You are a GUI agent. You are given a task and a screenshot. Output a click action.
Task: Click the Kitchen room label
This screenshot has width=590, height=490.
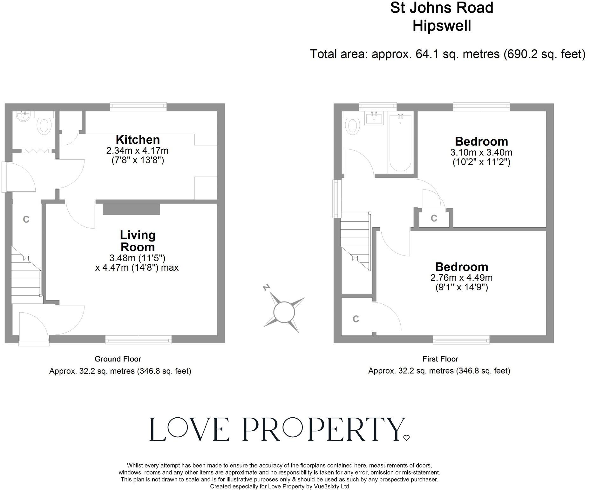point(138,140)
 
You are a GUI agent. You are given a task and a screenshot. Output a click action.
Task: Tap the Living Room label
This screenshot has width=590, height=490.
point(138,241)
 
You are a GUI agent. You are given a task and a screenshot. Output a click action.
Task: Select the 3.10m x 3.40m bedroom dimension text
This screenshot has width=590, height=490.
point(481,152)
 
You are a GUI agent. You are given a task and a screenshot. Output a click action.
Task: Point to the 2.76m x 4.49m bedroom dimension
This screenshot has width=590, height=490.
point(461,278)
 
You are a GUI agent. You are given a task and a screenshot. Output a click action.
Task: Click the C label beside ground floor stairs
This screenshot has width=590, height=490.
point(26,219)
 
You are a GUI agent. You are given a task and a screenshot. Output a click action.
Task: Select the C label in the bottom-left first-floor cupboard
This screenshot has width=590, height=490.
point(356,319)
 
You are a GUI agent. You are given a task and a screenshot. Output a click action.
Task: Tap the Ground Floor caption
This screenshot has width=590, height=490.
point(118,359)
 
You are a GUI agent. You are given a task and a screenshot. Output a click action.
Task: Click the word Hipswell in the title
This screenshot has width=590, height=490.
point(442,25)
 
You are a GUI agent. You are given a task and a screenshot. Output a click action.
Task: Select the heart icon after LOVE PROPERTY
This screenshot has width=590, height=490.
point(406,438)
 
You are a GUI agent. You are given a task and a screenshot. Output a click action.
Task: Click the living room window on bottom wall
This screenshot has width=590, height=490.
point(139,340)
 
